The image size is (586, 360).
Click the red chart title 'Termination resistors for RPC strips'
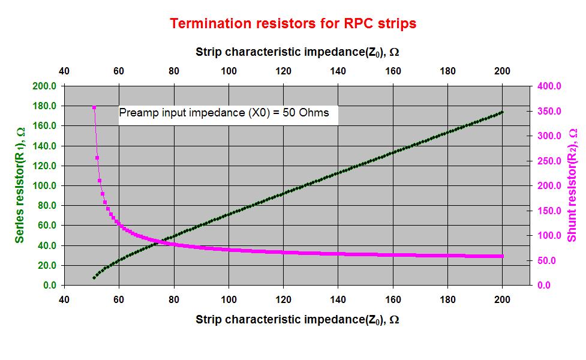[293, 23]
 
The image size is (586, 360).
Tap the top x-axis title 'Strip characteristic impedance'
[297, 52]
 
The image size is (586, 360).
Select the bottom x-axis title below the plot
[297, 319]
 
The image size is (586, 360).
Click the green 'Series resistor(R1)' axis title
[20, 185]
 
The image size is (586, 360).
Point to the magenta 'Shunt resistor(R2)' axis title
[572, 185]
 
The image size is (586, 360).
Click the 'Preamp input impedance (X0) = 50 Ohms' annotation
[224, 113]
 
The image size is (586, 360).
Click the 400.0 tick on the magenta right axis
[549, 86]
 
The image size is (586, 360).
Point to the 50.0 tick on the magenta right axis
[546, 260]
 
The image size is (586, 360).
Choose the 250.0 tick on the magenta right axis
[549, 161]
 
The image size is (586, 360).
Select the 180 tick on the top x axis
[447, 71]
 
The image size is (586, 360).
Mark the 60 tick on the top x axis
[119, 71]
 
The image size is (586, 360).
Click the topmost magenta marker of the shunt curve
[94, 107]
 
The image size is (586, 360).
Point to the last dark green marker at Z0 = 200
[502, 112]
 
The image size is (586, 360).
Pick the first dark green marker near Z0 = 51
[94, 278]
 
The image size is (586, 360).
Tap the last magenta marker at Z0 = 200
[502, 256]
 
